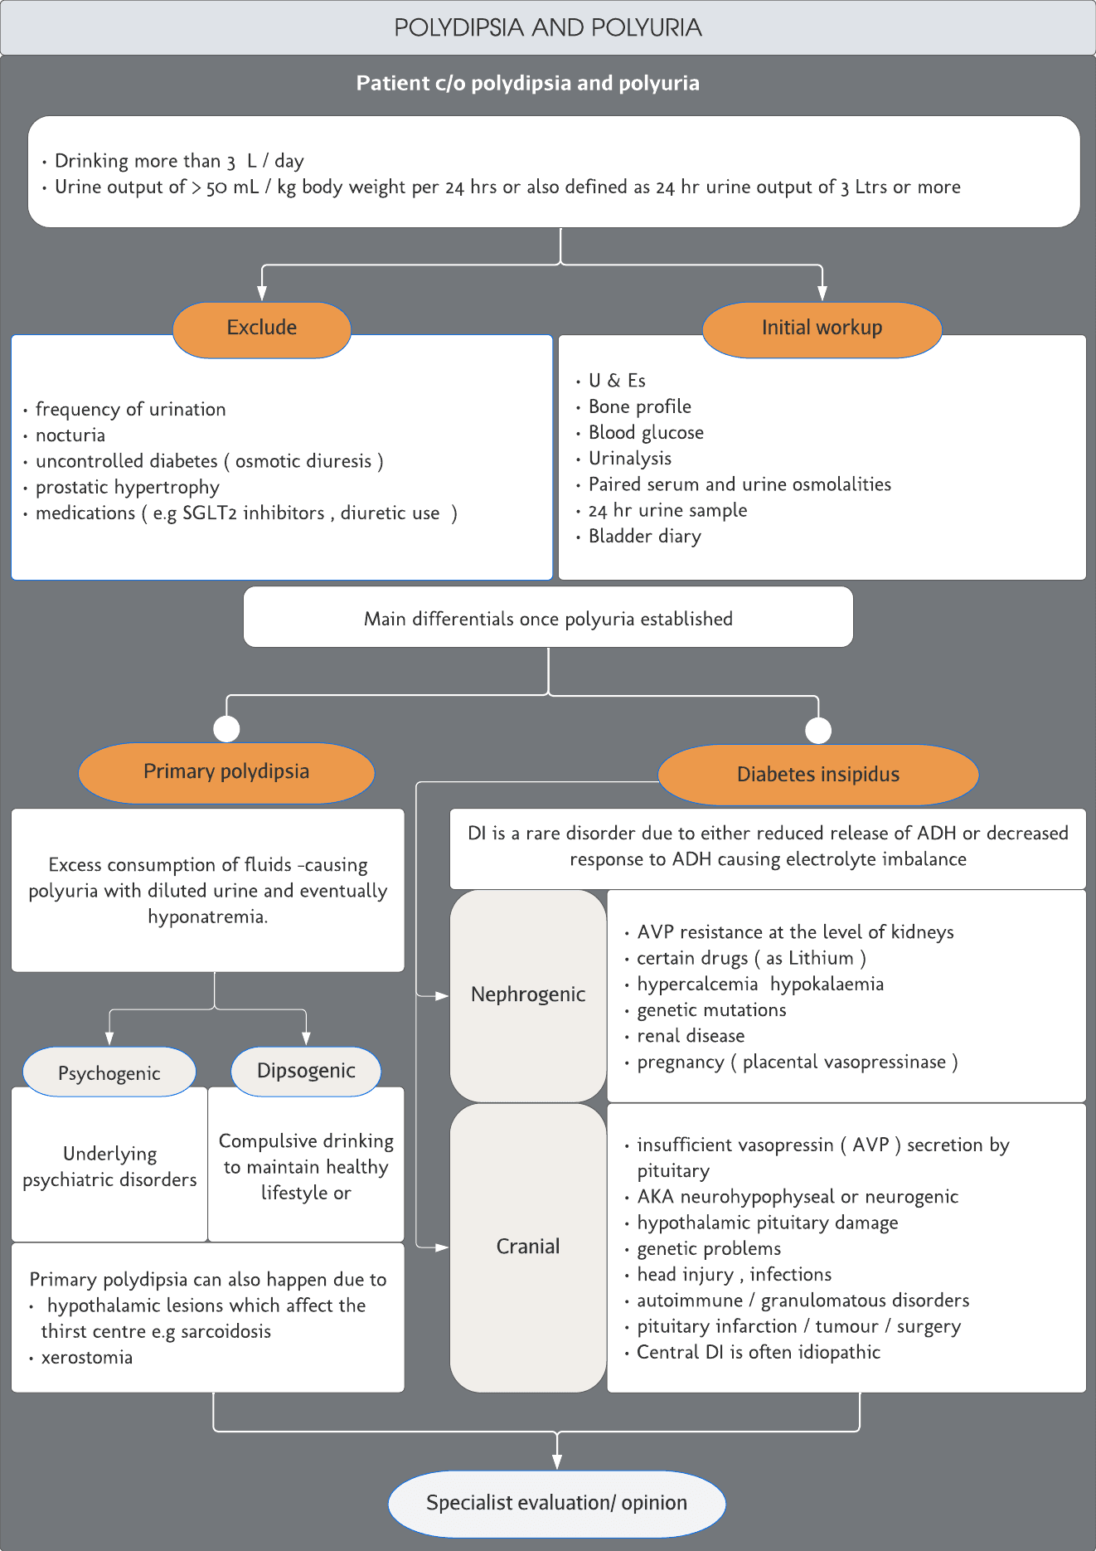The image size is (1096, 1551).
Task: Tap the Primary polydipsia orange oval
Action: [x=226, y=772]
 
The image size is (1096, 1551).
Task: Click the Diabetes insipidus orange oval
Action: [x=818, y=775]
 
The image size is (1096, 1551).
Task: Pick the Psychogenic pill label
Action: [x=109, y=1072]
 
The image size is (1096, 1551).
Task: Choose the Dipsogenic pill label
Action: [x=306, y=1071]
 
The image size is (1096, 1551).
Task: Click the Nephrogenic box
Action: [x=528, y=994]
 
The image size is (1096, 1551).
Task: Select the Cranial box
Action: [x=528, y=1247]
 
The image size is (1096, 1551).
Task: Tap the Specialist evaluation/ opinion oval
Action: [x=556, y=1503]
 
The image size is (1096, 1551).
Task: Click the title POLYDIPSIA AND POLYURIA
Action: [x=547, y=28]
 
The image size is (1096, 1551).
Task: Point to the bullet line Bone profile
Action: [x=639, y=406]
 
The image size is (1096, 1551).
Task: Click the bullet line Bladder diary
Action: [x=644, y=537]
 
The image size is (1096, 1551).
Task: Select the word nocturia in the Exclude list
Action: [x=70, y=435]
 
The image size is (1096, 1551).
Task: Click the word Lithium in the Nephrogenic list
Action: [x=821, y=958]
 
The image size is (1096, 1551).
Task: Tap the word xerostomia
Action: [x=87, y=1358]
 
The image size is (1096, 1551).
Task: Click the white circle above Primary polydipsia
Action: [x=226, y=728]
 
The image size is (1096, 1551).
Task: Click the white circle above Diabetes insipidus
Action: [x=818, y=730]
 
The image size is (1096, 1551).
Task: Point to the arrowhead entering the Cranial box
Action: [x=442, y=1247]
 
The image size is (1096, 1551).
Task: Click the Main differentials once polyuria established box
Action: [x=548, y=618]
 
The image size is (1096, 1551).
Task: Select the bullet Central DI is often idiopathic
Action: [x=758, y=1352]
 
